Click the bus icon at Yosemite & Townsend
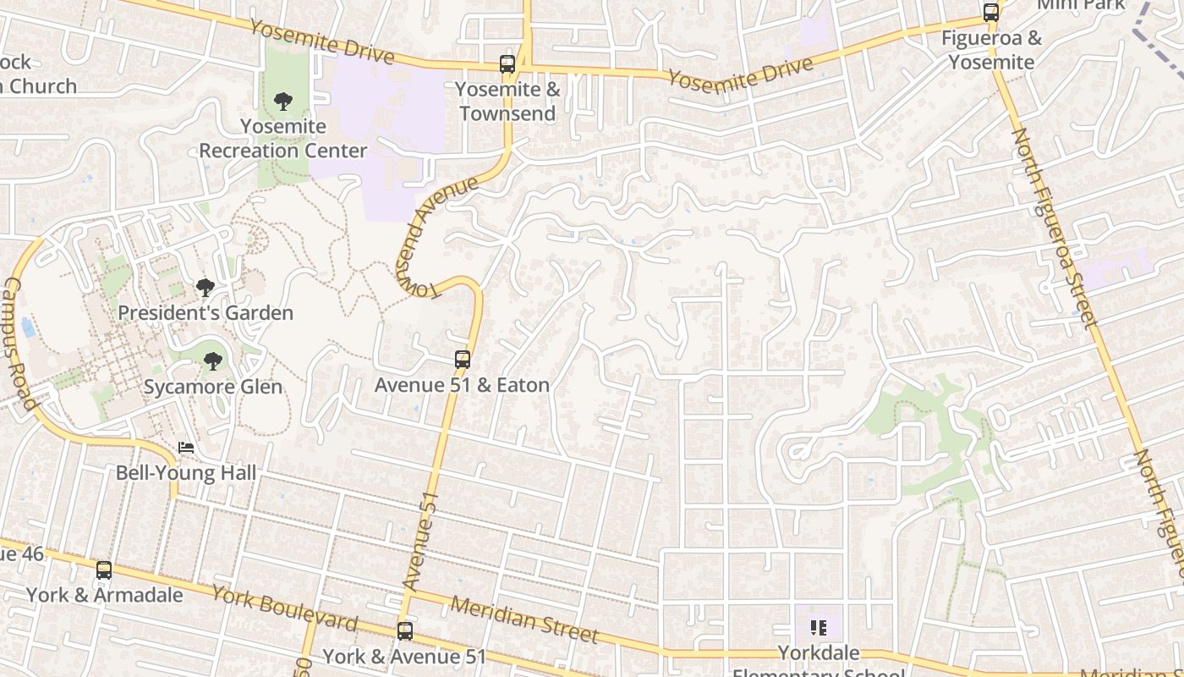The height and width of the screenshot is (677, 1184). [507, 64]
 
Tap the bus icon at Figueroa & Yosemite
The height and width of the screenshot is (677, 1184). [990, 13]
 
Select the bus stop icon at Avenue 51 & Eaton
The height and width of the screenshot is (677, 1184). [462, 360]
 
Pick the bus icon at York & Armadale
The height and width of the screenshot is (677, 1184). [104, 570]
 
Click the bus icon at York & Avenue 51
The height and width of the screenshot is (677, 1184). [405, 631]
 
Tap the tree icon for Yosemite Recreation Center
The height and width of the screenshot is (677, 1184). [282, 102]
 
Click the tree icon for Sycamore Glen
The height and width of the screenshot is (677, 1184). [213, 362]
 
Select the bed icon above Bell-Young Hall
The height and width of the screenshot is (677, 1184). [186, 448]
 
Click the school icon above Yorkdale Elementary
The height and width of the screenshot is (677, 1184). [818, 628]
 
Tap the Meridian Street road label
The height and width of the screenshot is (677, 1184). [524, 619]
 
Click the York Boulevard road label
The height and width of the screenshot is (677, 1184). [284, 608]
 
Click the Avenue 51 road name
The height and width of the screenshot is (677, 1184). [421, 542]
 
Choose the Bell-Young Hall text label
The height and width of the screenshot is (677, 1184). [186, 472]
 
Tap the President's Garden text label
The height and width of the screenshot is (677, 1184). [206, 312]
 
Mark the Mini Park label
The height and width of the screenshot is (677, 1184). [1081, 4]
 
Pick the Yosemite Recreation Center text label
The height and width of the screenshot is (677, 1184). [282, 139]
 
